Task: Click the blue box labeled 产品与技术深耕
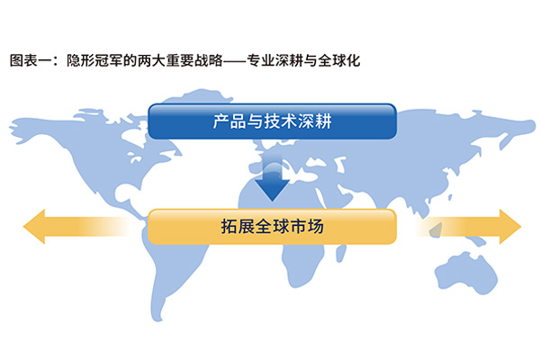[x=272, y=121]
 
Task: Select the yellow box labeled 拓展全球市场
[x=272, y=226]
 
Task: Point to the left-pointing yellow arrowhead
[x=34, y=226]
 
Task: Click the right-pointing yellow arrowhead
[x=510, y=226]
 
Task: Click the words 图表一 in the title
[x=31, y=60]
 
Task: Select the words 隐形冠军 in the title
[x=94, y=60]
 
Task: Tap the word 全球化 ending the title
[x=339, y=60]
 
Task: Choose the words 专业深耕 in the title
[x=274, y=60]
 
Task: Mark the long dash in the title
[x=235, y=61]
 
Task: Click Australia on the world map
[x=466, y=273]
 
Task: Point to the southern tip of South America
[x=157, y=319]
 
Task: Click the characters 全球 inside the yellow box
[x=272, y=227]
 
